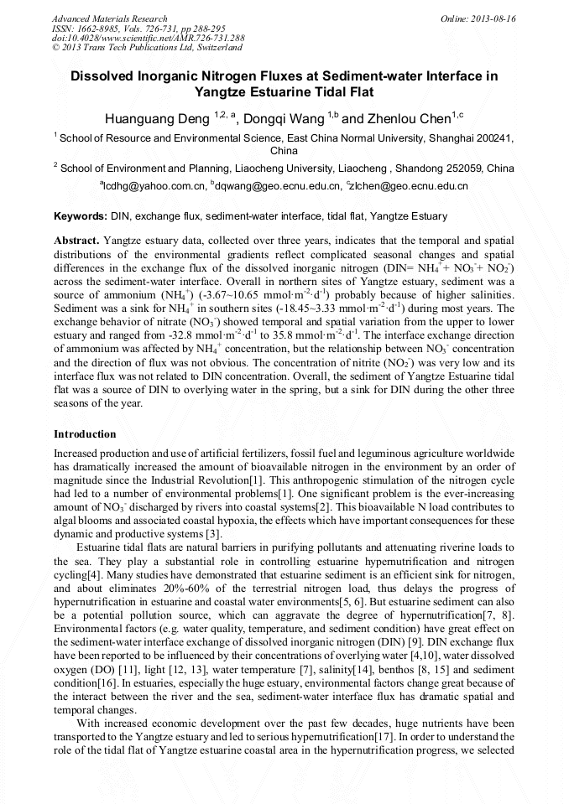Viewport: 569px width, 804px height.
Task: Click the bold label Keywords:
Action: point(80,215)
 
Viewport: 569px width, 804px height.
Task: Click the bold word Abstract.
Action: point(76,240)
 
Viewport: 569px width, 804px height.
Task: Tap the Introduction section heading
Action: point(85,434)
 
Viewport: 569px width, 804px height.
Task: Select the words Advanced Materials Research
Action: point(109,18)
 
